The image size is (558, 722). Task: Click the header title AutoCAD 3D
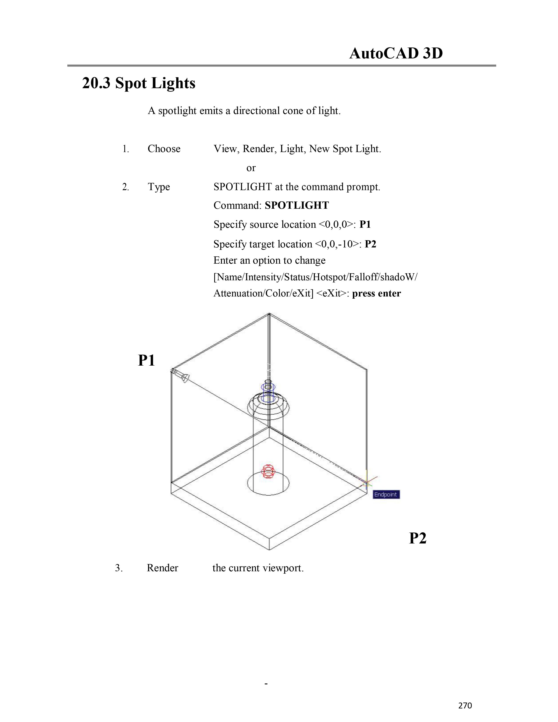point(396,53)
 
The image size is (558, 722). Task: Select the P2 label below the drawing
point(418,538)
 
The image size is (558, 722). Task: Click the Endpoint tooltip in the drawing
point(386,494)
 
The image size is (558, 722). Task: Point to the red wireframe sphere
point(268,472)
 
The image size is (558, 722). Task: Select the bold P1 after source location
point(365,224)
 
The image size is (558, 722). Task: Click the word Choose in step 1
point(164,149)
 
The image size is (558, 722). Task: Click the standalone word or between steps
point(251,168)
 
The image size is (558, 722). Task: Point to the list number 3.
point(119,568)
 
